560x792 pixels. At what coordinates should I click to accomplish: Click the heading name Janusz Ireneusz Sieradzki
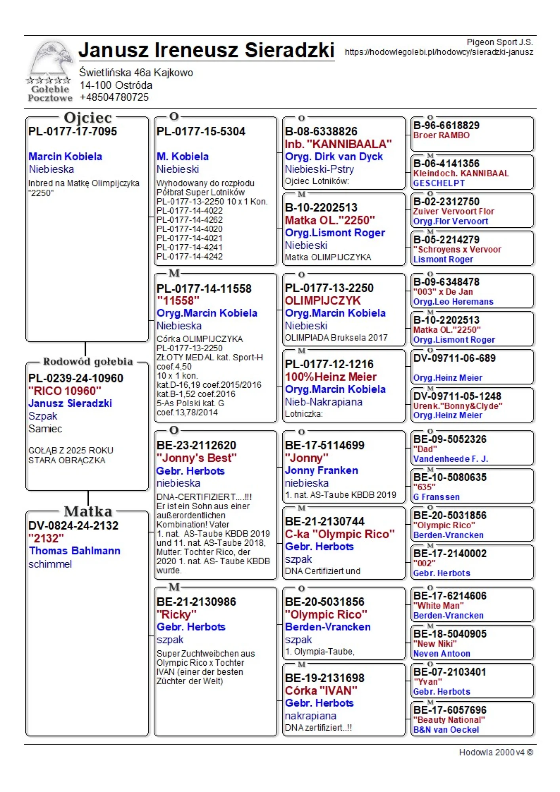tap(206, 50)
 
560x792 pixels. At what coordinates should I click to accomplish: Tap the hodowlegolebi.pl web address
tap(438, 52)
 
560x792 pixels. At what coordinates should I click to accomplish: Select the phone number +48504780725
tap(114, 97)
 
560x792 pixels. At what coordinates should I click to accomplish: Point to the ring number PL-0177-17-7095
tap(72, 131)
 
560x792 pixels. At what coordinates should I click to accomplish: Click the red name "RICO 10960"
tap(65, 391)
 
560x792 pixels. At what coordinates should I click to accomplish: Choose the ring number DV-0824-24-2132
tap(73, 525)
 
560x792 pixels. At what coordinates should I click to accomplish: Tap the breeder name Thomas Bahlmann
tap(74, 551)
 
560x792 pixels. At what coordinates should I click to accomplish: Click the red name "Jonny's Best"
tap(196, 458)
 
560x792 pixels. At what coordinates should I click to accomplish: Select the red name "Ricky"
tap(176, 615)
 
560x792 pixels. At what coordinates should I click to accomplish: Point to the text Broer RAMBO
tap(441, 135)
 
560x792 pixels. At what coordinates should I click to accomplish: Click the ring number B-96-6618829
tap(446, 126)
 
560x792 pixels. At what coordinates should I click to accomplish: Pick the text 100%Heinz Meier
tap(331, 377)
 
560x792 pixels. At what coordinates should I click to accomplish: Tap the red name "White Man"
tap(438, 605)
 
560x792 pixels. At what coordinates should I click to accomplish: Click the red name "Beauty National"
tap(449, 720)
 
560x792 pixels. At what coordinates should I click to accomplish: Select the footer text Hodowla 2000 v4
tap(495, 752)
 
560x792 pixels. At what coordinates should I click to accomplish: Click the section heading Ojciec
tap(88, 118)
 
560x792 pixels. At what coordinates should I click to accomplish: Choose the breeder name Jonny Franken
tap(321, 470)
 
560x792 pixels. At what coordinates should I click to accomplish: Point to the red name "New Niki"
tap(434, 643)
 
